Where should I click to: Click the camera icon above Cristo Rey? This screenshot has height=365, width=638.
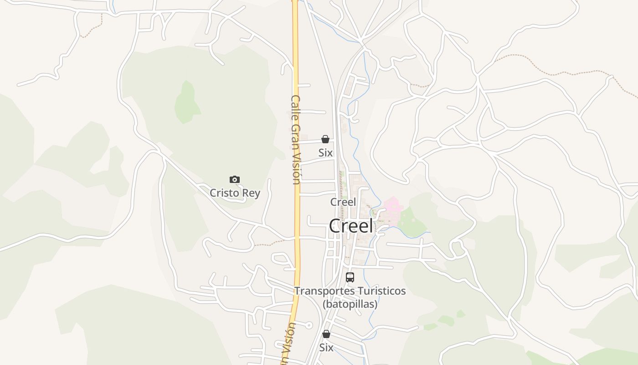[x=235, y=180]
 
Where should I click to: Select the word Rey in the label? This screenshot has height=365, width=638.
[x=251, y=193]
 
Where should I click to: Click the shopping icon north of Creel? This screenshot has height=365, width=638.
[x=325, y=139]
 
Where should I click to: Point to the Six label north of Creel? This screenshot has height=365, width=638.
[x=325, y=153]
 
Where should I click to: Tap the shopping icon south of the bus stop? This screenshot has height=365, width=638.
[x=326, y=334]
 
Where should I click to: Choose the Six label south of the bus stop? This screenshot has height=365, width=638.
[x=326, y=348]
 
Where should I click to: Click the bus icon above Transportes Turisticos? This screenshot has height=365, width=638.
[x=350, y=277]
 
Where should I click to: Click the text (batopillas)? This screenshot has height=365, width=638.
[x=350, y=303]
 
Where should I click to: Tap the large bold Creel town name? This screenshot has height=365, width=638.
[x=351, y=226]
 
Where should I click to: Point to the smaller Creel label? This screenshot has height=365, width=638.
[x=343, y=202]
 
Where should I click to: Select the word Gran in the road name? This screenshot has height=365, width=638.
[x=296, y=135]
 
